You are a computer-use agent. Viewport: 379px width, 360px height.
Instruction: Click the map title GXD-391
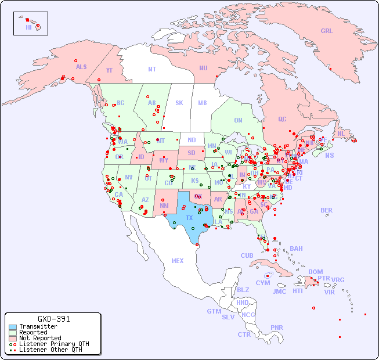53,319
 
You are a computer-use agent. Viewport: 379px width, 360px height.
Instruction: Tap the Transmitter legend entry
38,326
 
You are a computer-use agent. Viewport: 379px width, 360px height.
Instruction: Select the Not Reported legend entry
39,338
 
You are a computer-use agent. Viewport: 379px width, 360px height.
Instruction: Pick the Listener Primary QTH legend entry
53,344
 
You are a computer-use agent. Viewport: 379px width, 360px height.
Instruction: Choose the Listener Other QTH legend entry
50,350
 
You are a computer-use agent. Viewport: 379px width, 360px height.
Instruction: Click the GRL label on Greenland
327,31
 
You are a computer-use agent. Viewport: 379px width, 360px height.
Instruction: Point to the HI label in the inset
28,27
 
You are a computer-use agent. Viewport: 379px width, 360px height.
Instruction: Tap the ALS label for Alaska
81,67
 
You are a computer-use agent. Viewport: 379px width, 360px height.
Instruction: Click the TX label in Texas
189,218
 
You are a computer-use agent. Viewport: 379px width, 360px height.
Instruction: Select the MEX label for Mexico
178,261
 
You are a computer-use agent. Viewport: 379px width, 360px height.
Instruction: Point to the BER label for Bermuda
327,210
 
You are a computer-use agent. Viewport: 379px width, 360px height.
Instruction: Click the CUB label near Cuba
247,255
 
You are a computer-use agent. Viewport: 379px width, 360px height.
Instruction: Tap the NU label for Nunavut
203,68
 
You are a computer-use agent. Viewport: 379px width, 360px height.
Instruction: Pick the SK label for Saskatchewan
179,103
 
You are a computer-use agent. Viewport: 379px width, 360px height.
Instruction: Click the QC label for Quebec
282,119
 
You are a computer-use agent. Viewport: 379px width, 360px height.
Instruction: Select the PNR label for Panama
277,327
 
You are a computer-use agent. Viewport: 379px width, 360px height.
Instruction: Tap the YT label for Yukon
109,70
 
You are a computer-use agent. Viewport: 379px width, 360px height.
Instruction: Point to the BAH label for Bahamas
296,249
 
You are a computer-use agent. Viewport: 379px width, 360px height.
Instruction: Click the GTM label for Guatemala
214,311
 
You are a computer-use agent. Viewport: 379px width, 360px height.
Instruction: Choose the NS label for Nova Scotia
329,155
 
